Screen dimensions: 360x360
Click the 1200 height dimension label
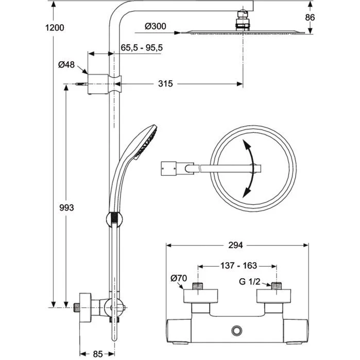(54, 27)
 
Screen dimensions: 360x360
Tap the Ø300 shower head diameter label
(155, 26)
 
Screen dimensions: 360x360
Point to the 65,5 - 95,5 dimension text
(142, 47)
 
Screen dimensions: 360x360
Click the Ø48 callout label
(67, 64)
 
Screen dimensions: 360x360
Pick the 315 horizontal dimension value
(165, 83)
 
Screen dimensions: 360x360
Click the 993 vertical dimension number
(66, 208)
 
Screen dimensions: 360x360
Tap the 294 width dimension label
(234, 245)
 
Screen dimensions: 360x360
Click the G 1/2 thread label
(250, 282)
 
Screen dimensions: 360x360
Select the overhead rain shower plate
(241, 32)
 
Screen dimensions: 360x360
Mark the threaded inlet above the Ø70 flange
(197, 285)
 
